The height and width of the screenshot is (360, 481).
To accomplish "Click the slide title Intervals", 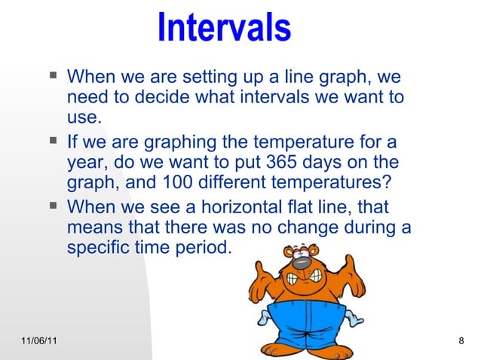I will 224,27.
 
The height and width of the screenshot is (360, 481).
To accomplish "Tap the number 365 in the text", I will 274,163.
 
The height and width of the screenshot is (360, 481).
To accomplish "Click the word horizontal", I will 222,206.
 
